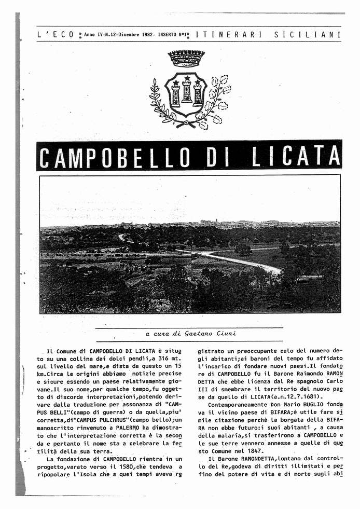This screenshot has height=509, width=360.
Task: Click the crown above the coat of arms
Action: [186, 58]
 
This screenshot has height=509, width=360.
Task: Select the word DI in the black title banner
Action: [217, 156]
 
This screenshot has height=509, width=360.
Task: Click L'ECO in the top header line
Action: [56, 35]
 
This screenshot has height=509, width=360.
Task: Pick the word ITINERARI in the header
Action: [227, 35]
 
